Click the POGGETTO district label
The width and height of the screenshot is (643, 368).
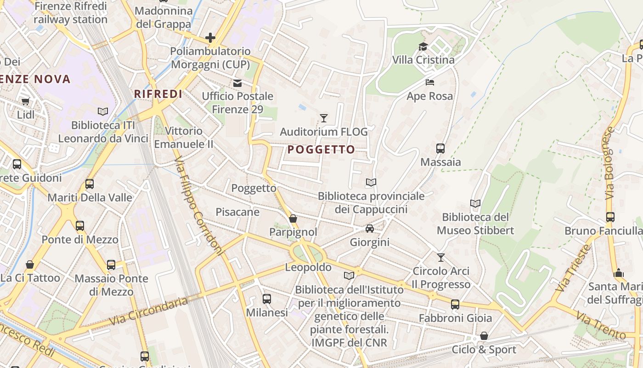(x=321, y=149)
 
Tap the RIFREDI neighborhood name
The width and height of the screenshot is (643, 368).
(x=158, y=94)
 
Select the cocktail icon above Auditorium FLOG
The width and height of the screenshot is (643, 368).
(x=324, y=118)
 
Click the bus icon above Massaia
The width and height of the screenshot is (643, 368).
(x=440, y=149)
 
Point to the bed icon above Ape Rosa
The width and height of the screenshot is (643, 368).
(x=430, y=82)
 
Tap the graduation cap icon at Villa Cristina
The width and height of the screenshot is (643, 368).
(x=423, y=46)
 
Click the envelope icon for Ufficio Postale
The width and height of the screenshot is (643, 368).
(x=237, y=83)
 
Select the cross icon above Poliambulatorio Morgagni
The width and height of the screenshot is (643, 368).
(x=210, y=38)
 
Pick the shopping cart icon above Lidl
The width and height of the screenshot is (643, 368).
(x=25, y=101)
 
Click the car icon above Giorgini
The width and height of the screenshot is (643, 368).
(x=369, y=229)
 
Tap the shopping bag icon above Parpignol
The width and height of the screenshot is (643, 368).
(x=293, y=218)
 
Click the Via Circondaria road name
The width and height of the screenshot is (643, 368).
(x=149, y=310)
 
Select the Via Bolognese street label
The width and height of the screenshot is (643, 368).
(x=609, y=163)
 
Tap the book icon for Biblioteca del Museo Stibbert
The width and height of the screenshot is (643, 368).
(x=475, y=203)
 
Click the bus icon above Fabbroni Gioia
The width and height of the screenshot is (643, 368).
(x=455, y=305)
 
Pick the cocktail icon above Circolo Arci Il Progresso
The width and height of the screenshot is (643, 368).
(x=441, y=258)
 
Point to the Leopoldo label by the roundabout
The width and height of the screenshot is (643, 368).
(x=308, y=267)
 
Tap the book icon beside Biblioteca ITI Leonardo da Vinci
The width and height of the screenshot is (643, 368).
(x=103, y=111)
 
